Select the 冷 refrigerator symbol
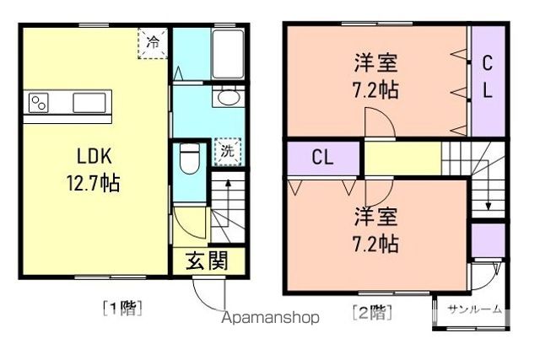click(154, 40)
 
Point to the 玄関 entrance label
click(207, 261)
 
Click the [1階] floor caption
click(122, 308)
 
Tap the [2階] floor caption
click(371, 314)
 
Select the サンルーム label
click(474, 309)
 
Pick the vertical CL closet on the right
click(488, 78)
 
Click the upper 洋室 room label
click(377, 62)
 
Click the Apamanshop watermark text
click(270, 318)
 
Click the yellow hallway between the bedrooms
click(403, 157)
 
